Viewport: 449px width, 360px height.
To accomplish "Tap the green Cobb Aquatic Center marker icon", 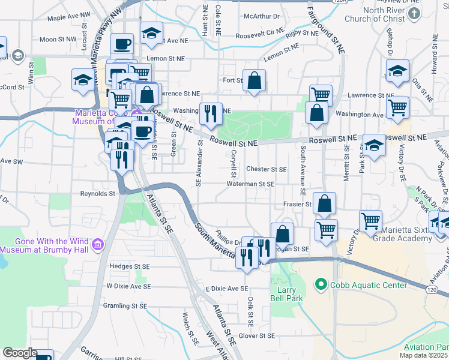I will coord(322,285).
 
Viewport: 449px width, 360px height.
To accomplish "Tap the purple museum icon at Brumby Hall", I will coord(98,244).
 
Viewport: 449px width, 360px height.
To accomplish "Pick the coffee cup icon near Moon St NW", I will coord(122,44).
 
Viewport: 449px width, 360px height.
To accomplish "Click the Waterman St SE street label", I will coord(251,184).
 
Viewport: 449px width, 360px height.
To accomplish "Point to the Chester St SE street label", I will coord(266,170).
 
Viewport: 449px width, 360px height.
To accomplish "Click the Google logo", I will coord(20,353).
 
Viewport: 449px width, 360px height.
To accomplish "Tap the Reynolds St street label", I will coord(97,194).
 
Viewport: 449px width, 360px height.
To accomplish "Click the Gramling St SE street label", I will coord(124,306).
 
